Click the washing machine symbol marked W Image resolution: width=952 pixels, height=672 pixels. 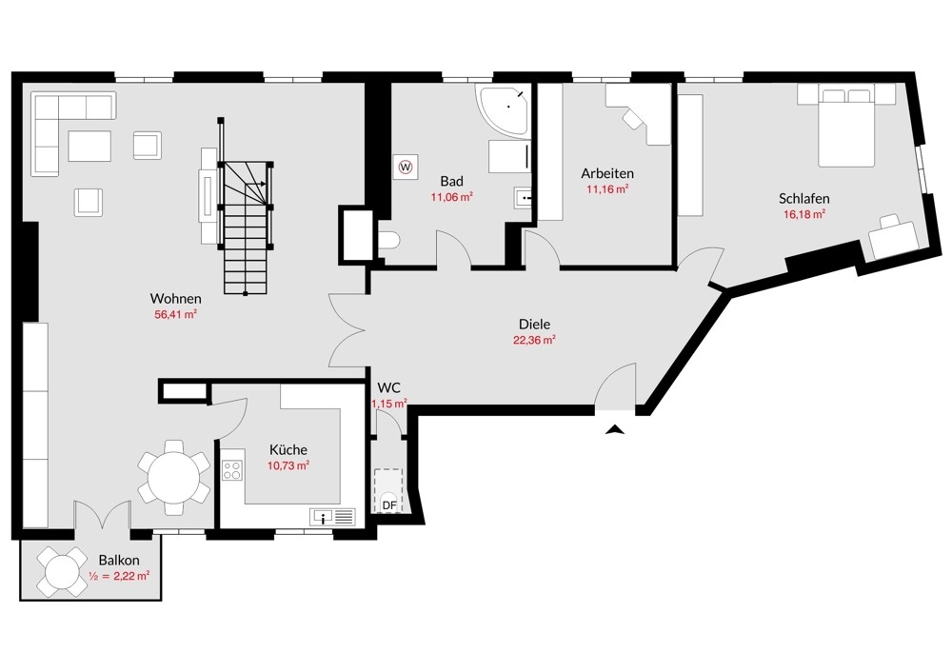coord(406,165)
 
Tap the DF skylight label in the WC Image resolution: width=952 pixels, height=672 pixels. coord(389,505)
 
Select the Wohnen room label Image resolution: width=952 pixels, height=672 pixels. coord(175,299)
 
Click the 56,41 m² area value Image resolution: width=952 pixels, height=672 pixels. coord(175,314)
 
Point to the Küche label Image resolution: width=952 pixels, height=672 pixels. coord(288,450)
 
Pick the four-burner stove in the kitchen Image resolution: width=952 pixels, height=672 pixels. coord(232,470)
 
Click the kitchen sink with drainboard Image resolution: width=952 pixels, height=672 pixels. coord(332,517)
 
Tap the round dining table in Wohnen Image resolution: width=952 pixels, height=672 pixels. coord(173,478)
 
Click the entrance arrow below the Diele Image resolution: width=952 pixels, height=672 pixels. coord(615,430)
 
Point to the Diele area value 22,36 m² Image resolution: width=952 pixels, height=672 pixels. coord(534,340)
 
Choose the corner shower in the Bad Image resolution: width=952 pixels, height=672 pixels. coord(503,110)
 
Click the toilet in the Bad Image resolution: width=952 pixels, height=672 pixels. coord(387,241)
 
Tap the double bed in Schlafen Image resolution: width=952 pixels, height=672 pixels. coord(846,126)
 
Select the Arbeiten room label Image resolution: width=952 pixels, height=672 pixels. coord(607,173)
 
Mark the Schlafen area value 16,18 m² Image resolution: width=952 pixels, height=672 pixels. coord(804,213)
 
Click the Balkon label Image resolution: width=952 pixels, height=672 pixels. coord(119,561)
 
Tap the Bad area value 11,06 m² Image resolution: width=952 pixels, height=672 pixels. coord(451,197)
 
